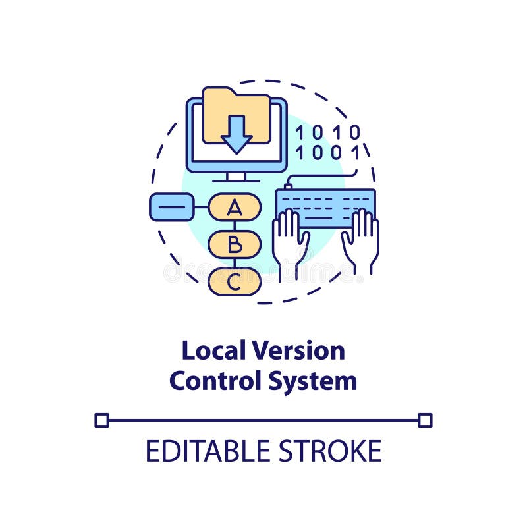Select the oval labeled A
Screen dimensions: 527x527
click(235, 208)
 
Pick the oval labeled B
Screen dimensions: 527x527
click(235, 245)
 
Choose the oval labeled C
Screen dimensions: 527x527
click(235, 282)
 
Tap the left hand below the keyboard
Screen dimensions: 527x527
click(290, 240)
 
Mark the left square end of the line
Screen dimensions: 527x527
click(101, 420)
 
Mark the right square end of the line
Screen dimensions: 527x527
click(426, 420)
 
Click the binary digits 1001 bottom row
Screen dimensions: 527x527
click(327, 153)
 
